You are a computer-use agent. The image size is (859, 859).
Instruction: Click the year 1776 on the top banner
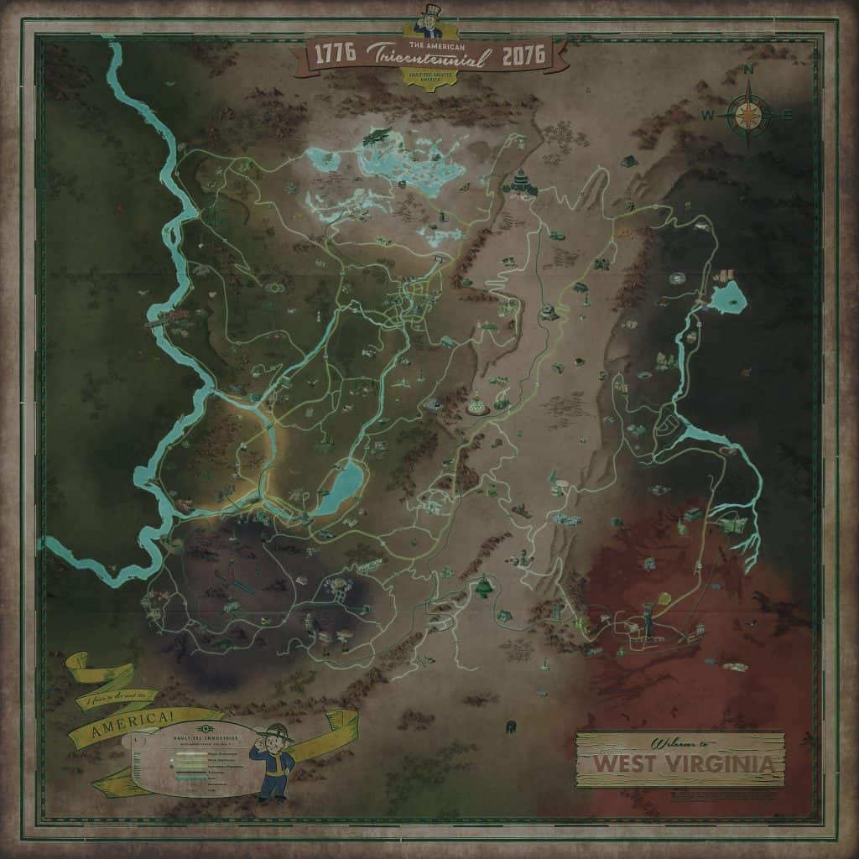point(334,55)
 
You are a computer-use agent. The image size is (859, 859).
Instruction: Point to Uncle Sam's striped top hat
point(429,13)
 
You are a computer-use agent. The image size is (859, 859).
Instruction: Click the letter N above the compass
point(749,71)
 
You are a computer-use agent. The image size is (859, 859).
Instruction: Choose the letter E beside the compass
point(787,115)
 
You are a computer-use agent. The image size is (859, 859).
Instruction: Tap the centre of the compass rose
point(748,115)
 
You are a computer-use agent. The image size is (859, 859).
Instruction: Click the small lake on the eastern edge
point(726,295)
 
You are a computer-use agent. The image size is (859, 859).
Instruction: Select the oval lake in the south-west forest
point(340,488)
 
